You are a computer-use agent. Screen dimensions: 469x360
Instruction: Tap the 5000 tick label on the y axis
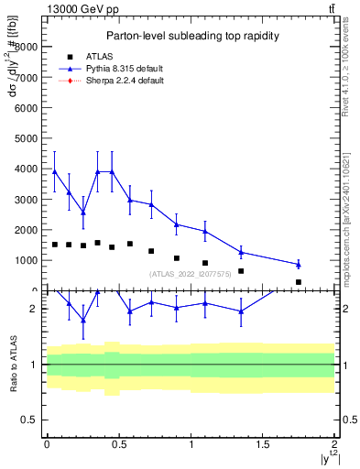[x=27, y=137]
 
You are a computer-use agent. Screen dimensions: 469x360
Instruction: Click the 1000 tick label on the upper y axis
[x=27, y=260]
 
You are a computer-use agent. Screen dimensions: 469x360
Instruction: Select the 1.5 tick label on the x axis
[x=263, y=444]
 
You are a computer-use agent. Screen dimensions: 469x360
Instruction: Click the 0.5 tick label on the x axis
[x=118, y=444]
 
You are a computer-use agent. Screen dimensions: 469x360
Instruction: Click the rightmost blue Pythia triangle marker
[x=299, y=264]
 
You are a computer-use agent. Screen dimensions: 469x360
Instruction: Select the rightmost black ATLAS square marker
[x=299, y=282]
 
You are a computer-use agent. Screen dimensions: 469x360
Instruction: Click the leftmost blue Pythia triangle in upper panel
[x=54, y=171]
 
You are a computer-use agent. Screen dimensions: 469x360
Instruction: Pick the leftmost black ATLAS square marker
[x=54, y=245]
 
